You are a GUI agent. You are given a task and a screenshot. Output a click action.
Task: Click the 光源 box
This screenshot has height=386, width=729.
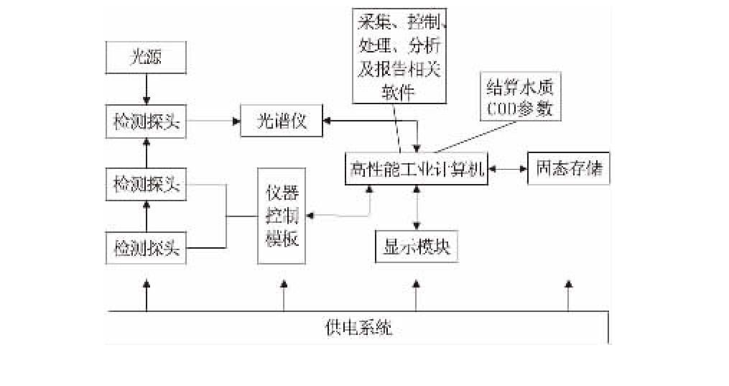click(x=146, y=57)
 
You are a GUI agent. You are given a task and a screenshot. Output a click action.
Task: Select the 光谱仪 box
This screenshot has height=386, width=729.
click(x=282, y=121)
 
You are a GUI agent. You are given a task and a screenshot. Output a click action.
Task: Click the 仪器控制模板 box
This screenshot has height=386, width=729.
click(x=282, y=216)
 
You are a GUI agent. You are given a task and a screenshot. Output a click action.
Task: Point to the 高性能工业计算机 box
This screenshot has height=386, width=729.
click(x=416, y=170)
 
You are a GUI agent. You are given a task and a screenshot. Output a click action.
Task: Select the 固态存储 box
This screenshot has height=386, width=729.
click(x=568, y=170)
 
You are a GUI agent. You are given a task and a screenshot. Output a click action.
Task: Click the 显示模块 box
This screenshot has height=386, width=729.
click(x=416, y=247)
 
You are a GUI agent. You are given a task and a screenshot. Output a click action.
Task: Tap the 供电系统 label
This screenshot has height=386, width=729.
click(x=358, y=329)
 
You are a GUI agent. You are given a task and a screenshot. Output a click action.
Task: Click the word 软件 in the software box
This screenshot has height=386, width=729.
click(x=399, y=93)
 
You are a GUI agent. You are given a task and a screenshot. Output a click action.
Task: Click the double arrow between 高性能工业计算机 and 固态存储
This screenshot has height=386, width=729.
click(x=507, y=170)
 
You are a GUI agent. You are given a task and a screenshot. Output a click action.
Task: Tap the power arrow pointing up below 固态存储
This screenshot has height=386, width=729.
click(x=568, y=295)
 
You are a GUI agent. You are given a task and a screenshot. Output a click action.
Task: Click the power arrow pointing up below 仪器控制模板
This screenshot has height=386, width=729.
click(x=284, y=295)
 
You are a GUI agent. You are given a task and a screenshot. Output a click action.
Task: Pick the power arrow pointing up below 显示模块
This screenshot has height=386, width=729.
click(x=416, y=295)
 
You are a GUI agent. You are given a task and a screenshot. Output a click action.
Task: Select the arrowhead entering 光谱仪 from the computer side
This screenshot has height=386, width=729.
click(x=328, y=121)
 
